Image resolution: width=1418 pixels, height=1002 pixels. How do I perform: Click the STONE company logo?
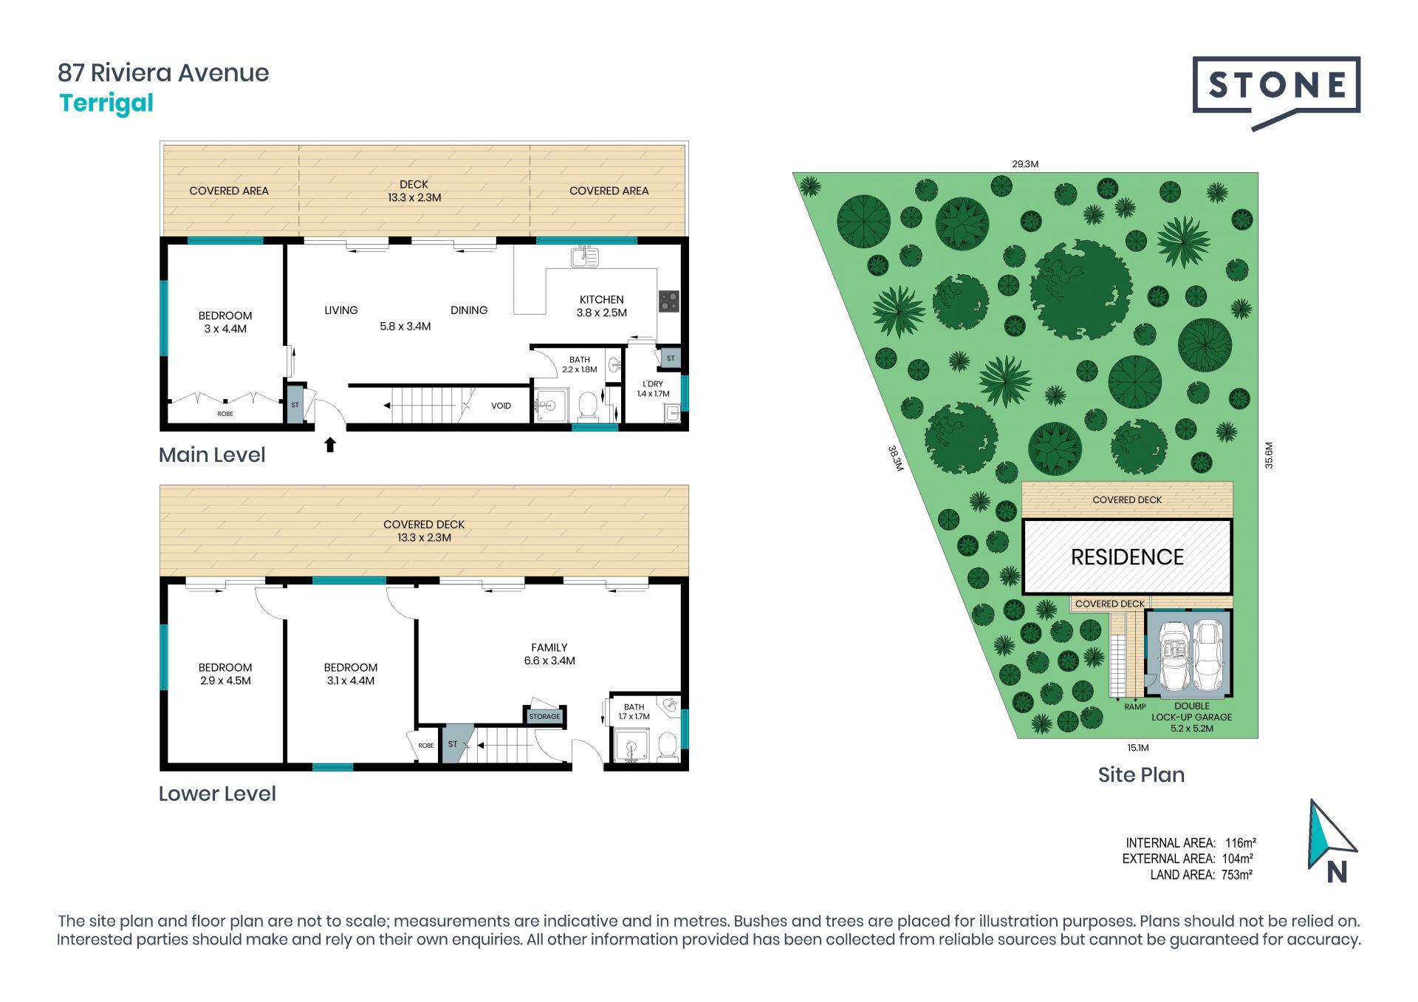click(x=1276, y=92)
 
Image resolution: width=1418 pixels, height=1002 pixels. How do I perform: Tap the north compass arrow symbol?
click(x=1331, y=835)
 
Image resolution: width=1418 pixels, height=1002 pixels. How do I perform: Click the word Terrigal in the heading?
click(x=106, y=103)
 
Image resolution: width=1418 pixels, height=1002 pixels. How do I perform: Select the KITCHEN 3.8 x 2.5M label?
click(x=602, y=306)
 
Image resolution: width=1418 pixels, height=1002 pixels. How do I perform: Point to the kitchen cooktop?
click(x=669, y=301)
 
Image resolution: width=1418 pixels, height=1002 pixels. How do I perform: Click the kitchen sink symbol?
click(x=584, y=256)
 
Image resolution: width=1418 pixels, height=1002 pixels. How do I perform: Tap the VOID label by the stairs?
click(x=501, y=406)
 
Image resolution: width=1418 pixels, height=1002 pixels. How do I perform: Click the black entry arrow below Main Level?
click(x=330, y=444)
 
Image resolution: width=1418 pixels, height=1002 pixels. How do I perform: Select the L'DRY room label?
click(x=653, y=389)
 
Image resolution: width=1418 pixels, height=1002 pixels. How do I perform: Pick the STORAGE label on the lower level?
click(x=544, y=716)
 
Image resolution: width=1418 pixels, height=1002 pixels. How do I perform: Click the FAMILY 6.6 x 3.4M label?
click(x=549, y=654)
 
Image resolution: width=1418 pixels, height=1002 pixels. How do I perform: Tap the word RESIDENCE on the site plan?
click(x=1127, y=557)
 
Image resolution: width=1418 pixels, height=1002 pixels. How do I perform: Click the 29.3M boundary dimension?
click(x=1025, y=164)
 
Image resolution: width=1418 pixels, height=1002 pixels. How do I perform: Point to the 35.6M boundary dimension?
click(x=1269, y=455)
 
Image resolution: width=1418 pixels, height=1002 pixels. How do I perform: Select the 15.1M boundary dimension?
click(x=1138, y=748)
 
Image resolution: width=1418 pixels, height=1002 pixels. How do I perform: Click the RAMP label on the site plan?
click(x=1135, y=707)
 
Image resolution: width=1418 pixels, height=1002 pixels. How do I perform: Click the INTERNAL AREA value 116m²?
click(x=1241, y=843)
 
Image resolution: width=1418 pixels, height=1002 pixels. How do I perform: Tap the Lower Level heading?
click(x=217, y=794)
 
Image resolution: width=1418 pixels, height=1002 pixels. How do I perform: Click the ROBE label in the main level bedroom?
click(x=225, y=414)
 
